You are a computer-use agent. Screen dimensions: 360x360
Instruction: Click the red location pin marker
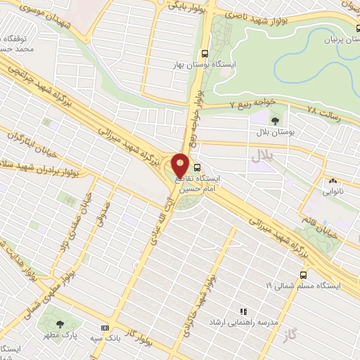click(x=180, y=166)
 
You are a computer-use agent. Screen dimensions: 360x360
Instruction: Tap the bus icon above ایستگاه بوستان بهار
click(x=205, y=53)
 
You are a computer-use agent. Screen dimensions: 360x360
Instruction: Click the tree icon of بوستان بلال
click(x=274, y=121)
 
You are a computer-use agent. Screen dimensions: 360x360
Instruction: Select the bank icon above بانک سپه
click(x=105, y=328)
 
